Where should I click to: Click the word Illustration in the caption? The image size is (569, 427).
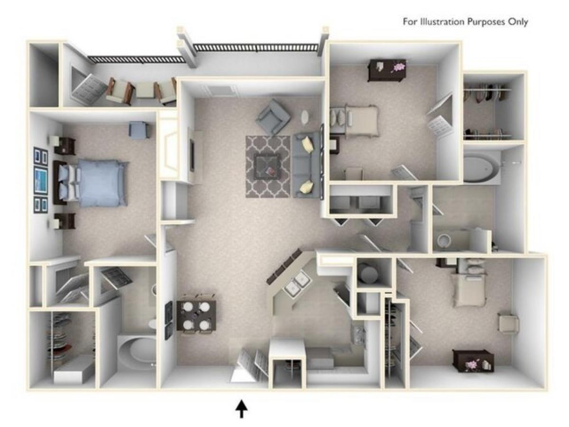[x=443, y=22]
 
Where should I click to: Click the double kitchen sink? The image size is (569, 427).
[x=297, y=284]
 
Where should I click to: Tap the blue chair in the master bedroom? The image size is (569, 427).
[x=138, y=130]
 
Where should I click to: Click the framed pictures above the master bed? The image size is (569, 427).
[x=41, y=180]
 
